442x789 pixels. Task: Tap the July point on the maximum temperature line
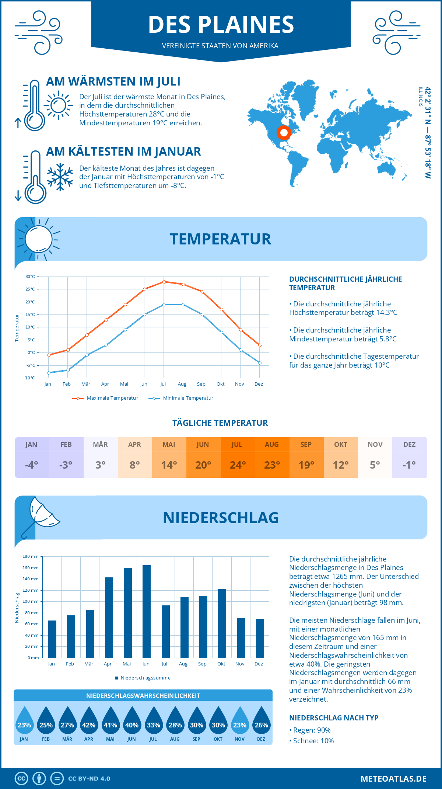coord(164,282)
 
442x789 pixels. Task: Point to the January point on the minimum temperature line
coord(49,373)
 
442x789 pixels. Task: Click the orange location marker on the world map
coord(284,132)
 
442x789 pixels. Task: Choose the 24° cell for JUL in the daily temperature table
coord(238,465)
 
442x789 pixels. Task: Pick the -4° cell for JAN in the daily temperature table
coord(32,465)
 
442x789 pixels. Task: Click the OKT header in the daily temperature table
coord(341,445)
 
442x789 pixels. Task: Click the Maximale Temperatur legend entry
coord(106,398)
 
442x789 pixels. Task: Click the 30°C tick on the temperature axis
coord(30,277)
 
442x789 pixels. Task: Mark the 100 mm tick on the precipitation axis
coord(31,601)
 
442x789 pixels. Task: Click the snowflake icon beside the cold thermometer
coord(60,177)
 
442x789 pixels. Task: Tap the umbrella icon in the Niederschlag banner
coord(41,516)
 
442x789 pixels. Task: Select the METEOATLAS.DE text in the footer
coord(393,779)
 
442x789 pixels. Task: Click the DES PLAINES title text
coord(221,25)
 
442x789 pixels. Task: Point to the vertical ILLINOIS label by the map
coord(420,97)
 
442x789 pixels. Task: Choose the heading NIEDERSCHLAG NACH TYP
coord(334,718)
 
